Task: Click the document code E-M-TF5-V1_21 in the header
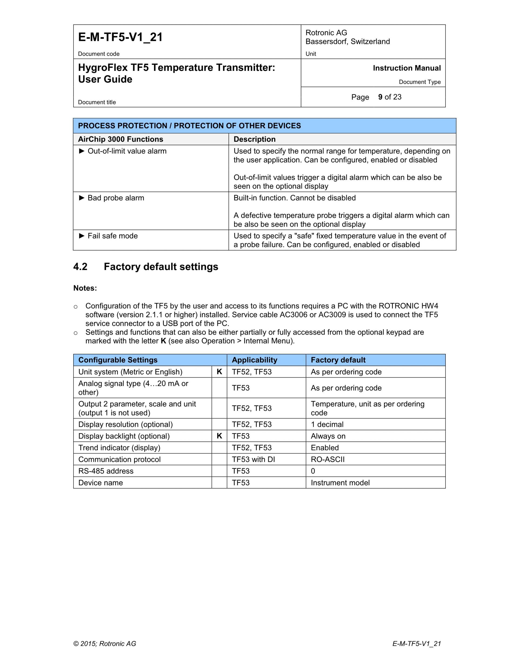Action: [x=120, y=37]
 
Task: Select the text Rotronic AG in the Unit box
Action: [x=326, y=33]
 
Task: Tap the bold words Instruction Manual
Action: [x=407, y=68]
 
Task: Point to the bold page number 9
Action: [x=380, y=97]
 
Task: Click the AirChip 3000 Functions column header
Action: [x=121, y=139]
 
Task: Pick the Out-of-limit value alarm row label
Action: [x=127, y=151]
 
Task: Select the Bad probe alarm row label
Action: [x=116, y=198]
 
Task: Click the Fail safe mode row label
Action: [x=112, y=236]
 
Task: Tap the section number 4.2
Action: [x=80, y=266]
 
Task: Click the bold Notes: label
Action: [x=85, y=288]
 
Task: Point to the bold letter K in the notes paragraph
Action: [x=163, y=341]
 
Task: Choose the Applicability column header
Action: [x=254, y=360]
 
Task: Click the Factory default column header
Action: [x=338, y=360]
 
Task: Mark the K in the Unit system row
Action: [x=219, y=372]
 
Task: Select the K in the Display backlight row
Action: [x=219, y=436]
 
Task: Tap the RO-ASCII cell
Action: [x=327, y=459]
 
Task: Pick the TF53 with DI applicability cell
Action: [x=253, y=459]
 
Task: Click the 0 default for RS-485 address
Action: [x=313, y=471]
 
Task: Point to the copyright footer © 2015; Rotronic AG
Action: [x=105, y=644]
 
